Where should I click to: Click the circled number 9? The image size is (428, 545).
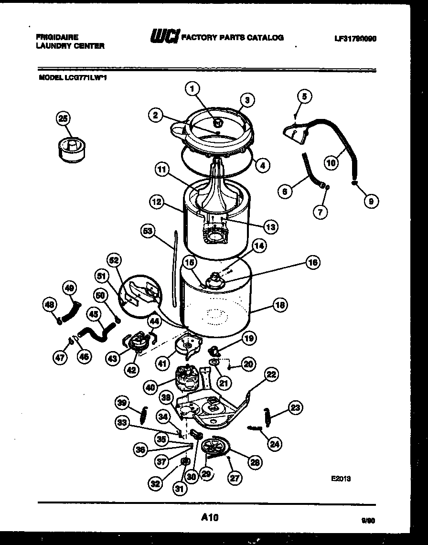370,201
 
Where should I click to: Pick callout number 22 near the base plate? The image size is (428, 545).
271,375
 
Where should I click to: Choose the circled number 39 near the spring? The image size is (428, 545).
122,404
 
